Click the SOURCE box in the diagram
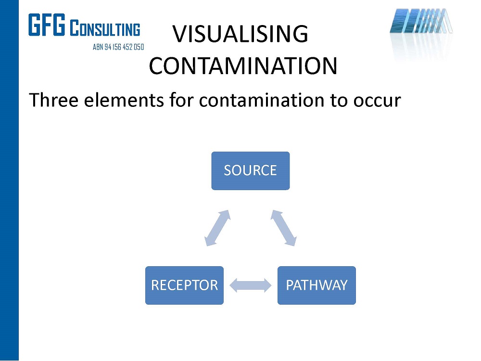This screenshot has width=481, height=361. coord(250,171)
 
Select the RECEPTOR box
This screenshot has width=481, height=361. coord(184,285)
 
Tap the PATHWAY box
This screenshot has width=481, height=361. coord(316,285)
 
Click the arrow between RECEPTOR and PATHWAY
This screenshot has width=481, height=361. coord(250,285)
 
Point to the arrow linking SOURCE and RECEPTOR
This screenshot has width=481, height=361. coord(217,228)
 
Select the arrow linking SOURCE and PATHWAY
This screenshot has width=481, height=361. coord(283,228)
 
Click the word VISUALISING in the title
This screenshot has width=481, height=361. coord(240,34)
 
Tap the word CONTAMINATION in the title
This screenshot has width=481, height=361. coord(243,65)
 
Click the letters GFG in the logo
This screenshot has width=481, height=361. coord(47,25)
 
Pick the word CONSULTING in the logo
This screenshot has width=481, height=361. coord(105,28)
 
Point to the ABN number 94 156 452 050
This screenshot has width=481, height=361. coord(124,47)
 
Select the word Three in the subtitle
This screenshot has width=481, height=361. coord(53,100)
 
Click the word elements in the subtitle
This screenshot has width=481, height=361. coord(124,100)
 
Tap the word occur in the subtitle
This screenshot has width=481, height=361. coord(377,102)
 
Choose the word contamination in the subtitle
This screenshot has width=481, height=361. coord(261,100)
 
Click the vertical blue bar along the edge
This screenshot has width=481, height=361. coord(9,180)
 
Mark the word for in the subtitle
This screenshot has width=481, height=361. coord(181,100)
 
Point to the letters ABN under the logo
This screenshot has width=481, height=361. coord(98,47)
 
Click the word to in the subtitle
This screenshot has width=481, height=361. coord(339,101)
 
